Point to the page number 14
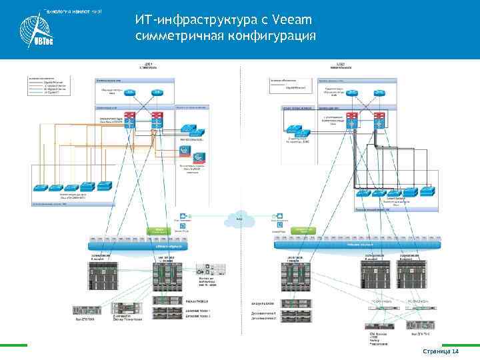tap(456, 352)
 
